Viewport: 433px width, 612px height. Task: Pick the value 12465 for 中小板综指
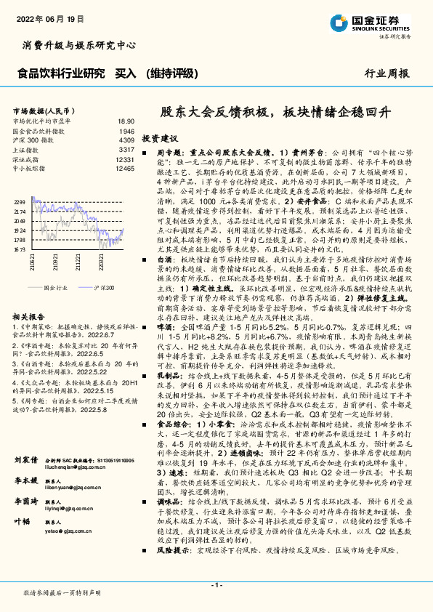125,168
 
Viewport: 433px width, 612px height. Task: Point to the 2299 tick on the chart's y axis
20,201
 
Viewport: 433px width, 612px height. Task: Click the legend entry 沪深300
102,289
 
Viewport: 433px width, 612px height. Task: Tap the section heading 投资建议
160,137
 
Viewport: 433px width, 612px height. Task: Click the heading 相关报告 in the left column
30,318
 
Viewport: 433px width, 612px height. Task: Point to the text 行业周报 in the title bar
387,74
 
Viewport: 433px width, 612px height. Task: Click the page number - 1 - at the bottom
216,584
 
